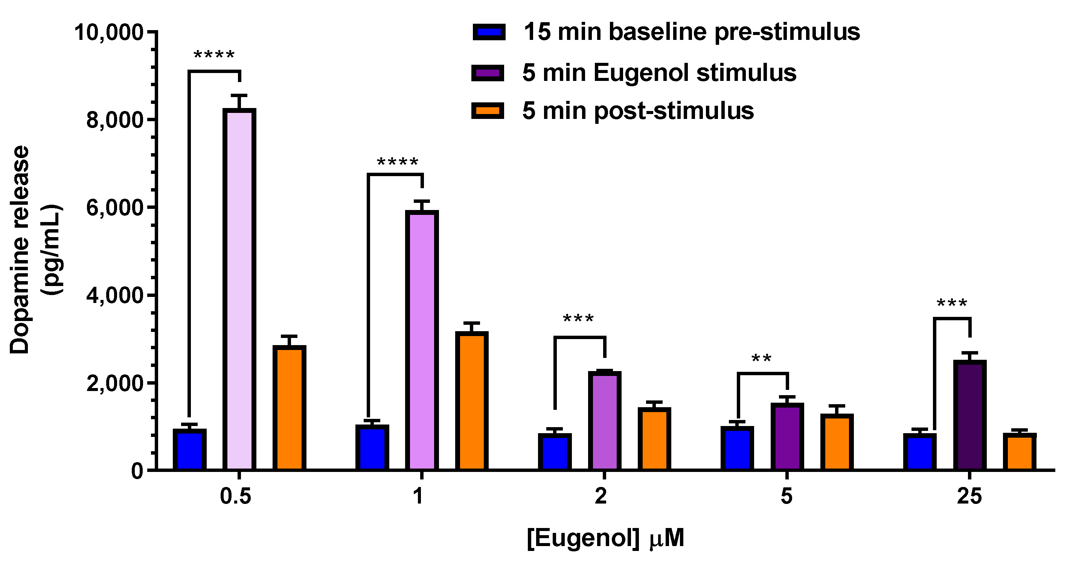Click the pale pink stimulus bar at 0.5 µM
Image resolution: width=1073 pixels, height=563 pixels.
[x=239, y=289]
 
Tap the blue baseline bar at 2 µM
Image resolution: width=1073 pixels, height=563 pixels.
[x=555, y=452]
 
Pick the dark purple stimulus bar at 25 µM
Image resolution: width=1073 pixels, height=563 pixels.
[x=970, y=415]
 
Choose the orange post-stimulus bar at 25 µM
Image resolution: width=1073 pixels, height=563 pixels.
[x=1019, y=452]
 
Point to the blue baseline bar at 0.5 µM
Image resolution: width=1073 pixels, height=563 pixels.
[x=189, y=450]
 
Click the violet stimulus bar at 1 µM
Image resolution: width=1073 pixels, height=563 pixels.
[x=422, y=340]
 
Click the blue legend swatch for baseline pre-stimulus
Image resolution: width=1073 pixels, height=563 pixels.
[x=489, y=32]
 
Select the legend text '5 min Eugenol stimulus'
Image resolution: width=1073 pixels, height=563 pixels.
[x=659, y=73]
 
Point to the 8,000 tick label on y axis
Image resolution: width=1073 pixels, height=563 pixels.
[x=114, y=120]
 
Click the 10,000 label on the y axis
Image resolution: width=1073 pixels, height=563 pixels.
[x=109, y=32]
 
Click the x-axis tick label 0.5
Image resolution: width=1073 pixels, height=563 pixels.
[x=235, y=496]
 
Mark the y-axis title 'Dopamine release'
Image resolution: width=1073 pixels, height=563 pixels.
[x=20, y=250]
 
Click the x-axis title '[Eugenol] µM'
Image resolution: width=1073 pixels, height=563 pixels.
[x=605, y=538]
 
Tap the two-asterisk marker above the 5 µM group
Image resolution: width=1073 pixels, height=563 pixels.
[x=761, y=359]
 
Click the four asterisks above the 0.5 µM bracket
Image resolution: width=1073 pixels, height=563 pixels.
[x=214, y=55]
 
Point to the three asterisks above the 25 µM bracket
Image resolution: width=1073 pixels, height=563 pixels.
[x=952, y=304]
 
